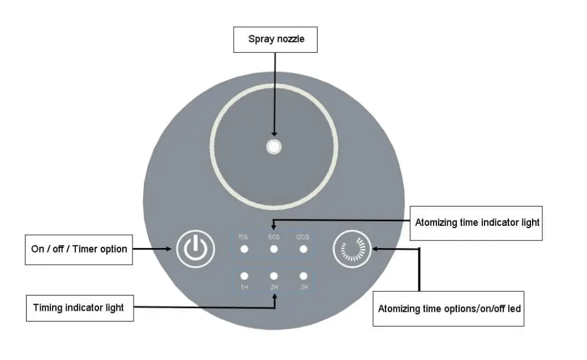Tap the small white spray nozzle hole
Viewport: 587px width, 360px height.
tap(273, 147)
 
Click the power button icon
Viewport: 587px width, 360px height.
tap(195, 249)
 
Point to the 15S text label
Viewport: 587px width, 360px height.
tap(243, 237)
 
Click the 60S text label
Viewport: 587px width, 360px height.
tap(273, 237)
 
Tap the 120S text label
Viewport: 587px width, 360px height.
tap(302, 237)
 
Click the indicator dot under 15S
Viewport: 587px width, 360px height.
tap(244, 249)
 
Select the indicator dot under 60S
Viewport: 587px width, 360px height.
tap(273, 249)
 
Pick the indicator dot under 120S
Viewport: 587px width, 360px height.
tap(303, 249)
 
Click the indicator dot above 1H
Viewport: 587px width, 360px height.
tap(244, 276)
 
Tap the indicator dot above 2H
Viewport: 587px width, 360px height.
tap(273, 276)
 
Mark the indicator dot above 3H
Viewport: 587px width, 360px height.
tap(303, 276)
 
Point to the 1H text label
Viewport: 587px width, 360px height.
tap(244, 287)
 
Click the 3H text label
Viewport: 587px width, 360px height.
tap(304, 287)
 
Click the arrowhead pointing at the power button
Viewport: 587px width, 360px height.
tap(169, 249)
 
